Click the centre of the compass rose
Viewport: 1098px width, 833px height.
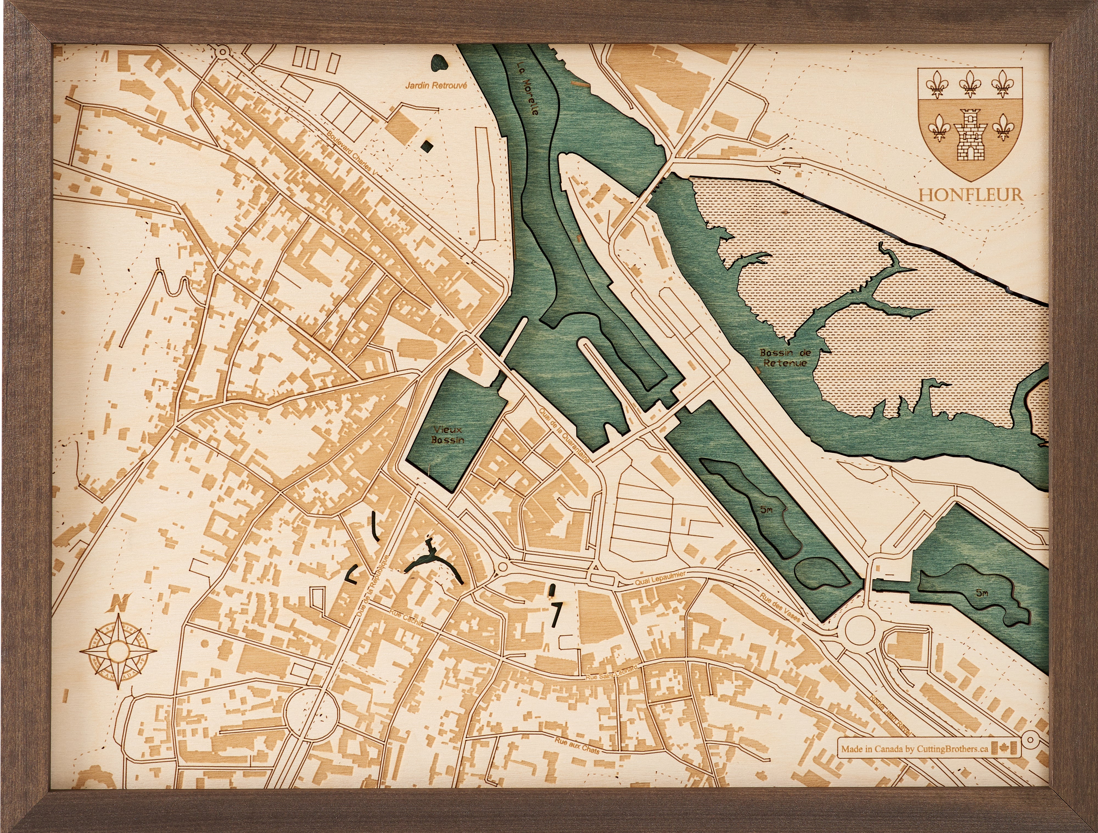point(118,651)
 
